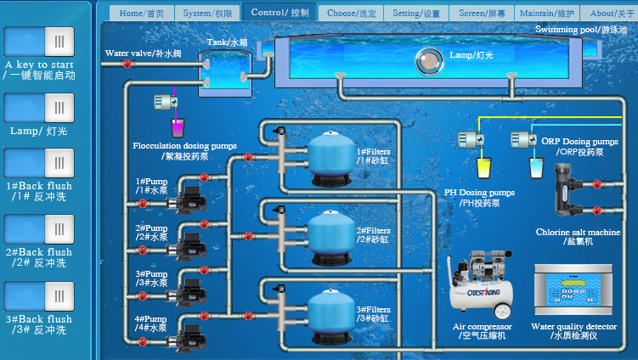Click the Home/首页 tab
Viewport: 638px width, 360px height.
tap(142, 13)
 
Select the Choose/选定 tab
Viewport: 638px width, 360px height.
tap(352, 13)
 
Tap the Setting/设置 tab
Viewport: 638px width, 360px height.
tap(416, 13)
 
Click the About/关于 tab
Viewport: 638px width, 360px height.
tap(612, 13)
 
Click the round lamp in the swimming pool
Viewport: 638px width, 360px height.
tap(428, 60)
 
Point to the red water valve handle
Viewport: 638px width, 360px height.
tap(127, 63)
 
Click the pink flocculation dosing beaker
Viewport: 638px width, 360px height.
tap(178, 127)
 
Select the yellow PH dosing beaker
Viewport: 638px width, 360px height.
tap(483, 167)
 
